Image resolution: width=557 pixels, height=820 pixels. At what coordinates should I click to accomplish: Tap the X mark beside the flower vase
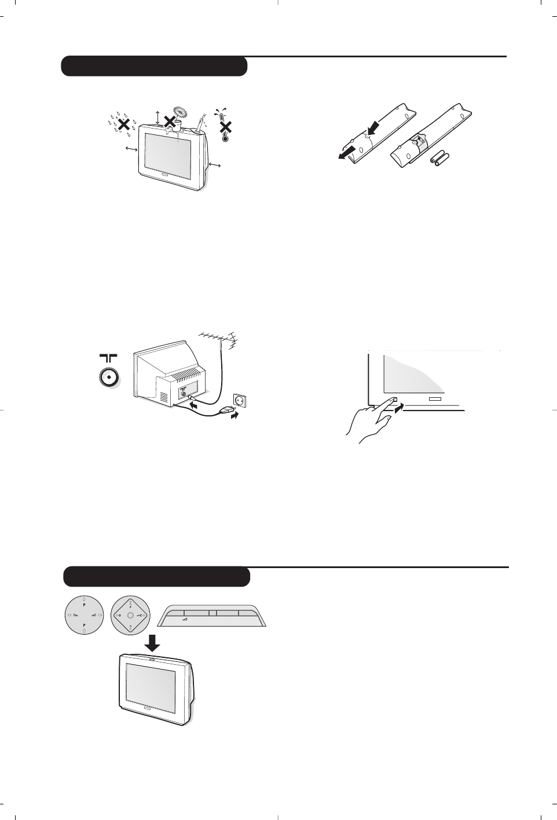pos(170,121)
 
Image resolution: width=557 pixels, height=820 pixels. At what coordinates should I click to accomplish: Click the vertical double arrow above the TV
pos(157,116)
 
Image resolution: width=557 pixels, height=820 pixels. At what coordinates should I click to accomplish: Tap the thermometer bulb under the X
pos(225,138)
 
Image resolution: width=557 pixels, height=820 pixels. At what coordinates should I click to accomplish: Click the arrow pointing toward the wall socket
pos(235,415)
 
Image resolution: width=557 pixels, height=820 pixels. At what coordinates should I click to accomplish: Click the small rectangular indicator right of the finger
pos(435,398)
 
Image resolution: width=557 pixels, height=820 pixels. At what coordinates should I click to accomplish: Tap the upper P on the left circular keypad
pos(85,604)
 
